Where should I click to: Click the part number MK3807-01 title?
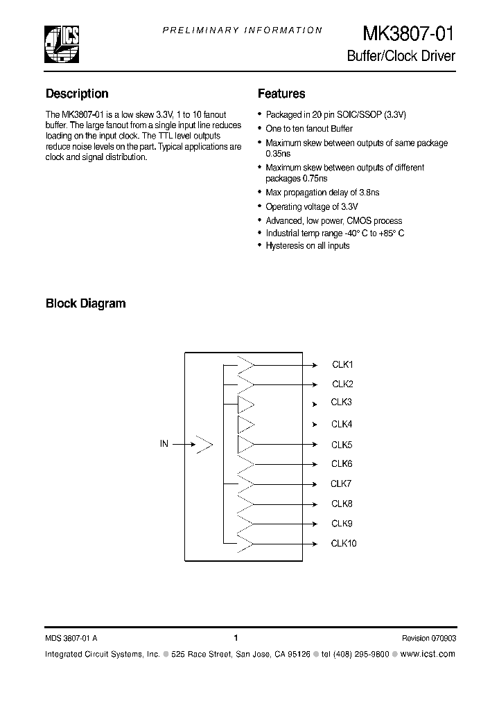coord(409,35)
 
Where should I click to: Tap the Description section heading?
coord(77,94)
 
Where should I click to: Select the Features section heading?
coord(281,94)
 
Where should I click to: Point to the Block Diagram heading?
coord(85,303)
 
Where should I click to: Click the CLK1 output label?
coord(342,364)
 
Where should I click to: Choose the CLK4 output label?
coord(342,424)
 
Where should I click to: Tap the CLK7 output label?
coord(342,483)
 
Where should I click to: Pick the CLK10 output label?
coord(344,544)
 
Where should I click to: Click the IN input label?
coord(164,444)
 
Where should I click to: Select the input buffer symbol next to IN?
coord(203,445)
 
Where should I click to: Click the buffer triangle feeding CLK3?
coord(246,404)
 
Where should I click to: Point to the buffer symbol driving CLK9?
coord(246,524)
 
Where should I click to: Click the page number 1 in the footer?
coord(236,638)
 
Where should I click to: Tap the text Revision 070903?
coord(428,638)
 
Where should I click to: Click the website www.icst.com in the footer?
coord(428,654)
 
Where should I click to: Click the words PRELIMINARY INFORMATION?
coord(243,30)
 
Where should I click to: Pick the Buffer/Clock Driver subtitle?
coord(401,56)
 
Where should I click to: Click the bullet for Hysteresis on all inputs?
coord(259,246)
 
